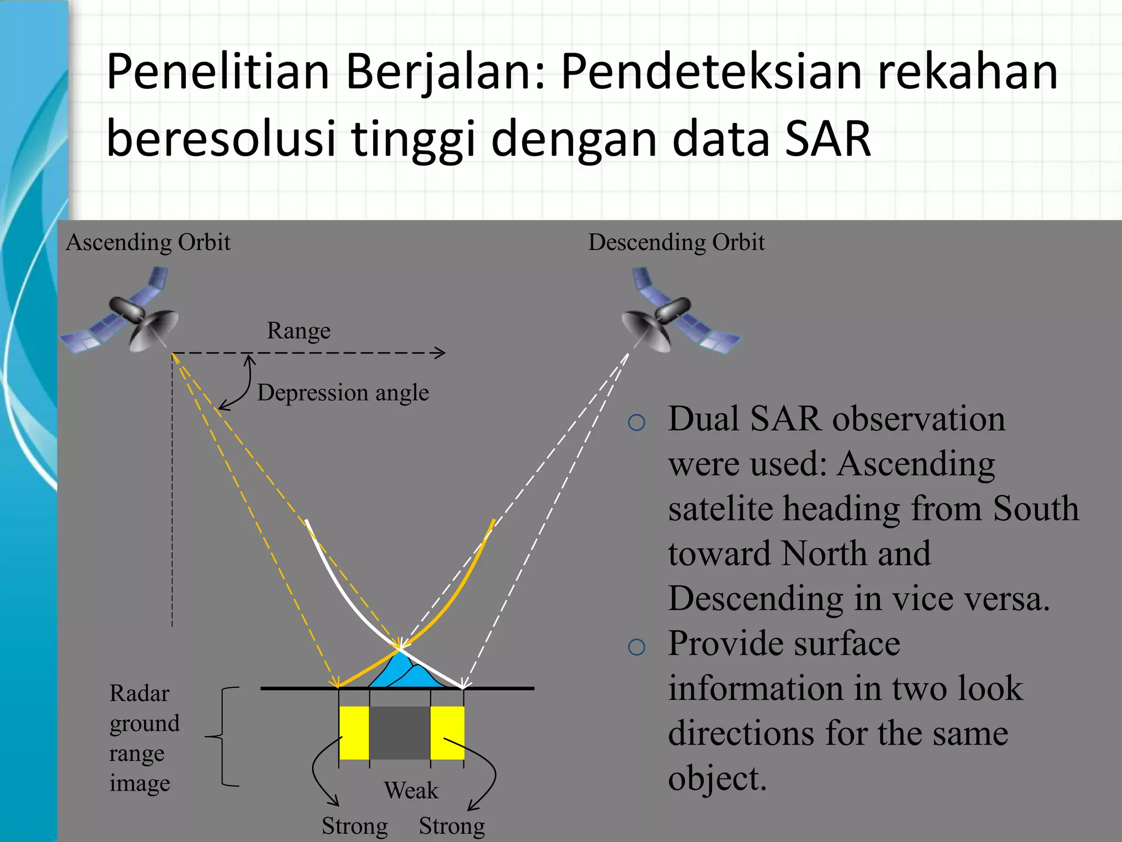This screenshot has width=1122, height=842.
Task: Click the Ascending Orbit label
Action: [x=148, y=242]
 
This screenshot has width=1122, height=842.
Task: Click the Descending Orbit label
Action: [x=676, y=242]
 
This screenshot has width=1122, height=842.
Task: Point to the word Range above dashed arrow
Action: [x=299, y=331]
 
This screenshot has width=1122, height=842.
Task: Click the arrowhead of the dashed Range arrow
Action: [x=440, y=353]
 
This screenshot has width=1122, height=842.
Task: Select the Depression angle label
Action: [x=343, y=392]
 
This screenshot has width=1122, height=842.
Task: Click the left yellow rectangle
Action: [x=354, y=732]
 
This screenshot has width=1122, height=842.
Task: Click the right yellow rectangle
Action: [x=447, y=732]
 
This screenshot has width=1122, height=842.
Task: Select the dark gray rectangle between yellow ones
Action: [x=400, y=732]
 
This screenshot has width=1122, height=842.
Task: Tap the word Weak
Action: [x=411, y=790]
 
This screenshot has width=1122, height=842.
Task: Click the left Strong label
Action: [x=354, y=826]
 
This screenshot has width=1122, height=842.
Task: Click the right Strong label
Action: [x=452, y=826]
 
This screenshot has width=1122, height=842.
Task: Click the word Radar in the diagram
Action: [x=139, y=693]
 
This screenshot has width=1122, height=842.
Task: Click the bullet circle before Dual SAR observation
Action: [x=637, y=423]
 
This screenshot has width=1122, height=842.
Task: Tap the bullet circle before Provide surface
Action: [x=637, y=647]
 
